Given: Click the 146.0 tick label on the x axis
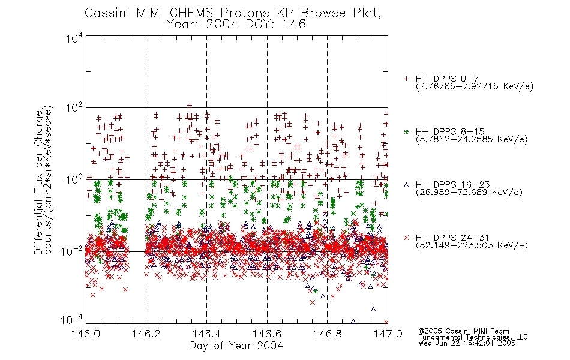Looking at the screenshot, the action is [x=86, y=334].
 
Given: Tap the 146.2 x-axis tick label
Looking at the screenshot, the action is [x=146, y=334].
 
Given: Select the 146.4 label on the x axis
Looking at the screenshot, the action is [x=206, y=334].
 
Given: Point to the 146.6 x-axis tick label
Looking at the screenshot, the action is [x=267, y=334].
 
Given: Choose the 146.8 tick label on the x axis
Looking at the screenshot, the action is [x=327, y=334].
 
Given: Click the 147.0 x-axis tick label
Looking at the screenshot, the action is [x=388, y=334].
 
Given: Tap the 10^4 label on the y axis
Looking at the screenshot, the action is [x=74, y=38].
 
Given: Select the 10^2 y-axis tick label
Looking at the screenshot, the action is [x=74, y=109].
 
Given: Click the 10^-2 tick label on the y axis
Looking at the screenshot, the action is [x=73, y=251].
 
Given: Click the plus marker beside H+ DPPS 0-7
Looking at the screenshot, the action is [x=406, y=79].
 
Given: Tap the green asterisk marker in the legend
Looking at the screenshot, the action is [x=406, y=131].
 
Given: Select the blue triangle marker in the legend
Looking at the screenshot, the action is [x=406, y=185].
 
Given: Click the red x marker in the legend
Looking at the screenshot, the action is [x=406, y=238].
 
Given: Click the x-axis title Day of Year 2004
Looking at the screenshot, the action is [x=236, y=346].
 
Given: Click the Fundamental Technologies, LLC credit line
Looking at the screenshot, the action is [x=473, y=337].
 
